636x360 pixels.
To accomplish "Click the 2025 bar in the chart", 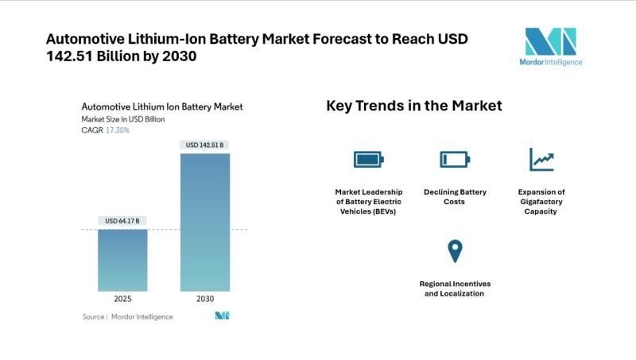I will pos(122,260).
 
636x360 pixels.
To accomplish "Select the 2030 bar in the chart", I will pos(205,222).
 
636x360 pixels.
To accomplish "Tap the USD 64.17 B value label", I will pos(122,220).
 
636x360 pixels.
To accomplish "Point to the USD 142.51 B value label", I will pos(205,145).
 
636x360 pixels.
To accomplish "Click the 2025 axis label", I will pos(122,300).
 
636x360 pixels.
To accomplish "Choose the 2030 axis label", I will pos(205,300).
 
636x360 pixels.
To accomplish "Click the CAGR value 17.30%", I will pos(118,130).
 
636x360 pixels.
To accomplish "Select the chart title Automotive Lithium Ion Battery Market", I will pos(162,106).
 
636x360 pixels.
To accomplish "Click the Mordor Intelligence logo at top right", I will pos(550,47).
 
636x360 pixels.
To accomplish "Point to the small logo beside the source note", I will pos(222,316).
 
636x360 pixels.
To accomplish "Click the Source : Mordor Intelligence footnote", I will pos(127,316).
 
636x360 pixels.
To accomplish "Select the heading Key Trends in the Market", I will pos(413,106).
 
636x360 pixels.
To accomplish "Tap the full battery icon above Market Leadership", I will pos(368,160).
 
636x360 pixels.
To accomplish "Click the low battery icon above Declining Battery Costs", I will pos(455,160).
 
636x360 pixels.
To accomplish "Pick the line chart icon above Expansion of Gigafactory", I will pos(541,160).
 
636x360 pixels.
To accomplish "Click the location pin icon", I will pos(455,251).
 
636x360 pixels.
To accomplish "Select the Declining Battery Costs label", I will pos(455,197).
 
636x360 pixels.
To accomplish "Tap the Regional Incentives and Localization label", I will pos(455,288).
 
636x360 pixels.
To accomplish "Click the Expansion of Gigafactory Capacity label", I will pos(541,202).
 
